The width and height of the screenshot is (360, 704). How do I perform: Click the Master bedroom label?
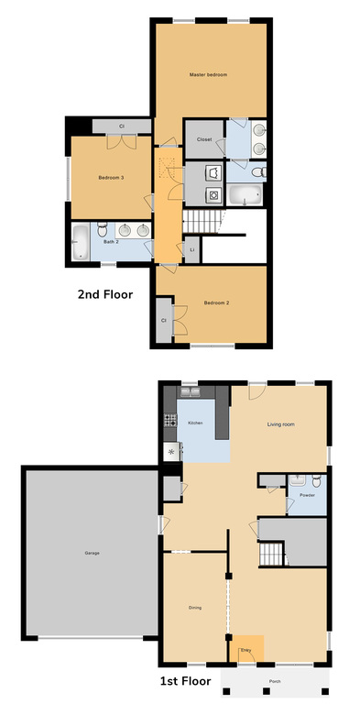(208, 73)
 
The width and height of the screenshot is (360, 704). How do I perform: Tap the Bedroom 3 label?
(110, 177)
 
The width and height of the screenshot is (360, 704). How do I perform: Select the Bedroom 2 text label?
(216, 302)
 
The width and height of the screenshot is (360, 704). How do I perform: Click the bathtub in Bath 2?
(81, 243)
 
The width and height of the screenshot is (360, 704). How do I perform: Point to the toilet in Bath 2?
(103, 230)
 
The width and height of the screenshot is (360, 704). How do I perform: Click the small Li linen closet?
(192, 248)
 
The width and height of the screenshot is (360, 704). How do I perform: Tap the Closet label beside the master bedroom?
(204, 140)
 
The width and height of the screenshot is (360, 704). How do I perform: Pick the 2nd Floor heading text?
(105, 295)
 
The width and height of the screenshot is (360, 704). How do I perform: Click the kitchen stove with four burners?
(169, 422)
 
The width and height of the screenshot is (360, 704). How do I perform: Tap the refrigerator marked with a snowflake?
(170, 451)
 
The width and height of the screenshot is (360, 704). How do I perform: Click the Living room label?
(280, 424)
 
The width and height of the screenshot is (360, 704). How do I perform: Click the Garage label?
(92, 553)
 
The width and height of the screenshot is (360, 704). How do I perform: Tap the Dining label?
(194, 607)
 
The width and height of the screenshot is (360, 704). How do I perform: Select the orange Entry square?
(245, 649)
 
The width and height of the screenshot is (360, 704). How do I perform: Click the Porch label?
(276, 682)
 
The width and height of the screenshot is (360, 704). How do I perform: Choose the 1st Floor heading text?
(185, 681)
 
